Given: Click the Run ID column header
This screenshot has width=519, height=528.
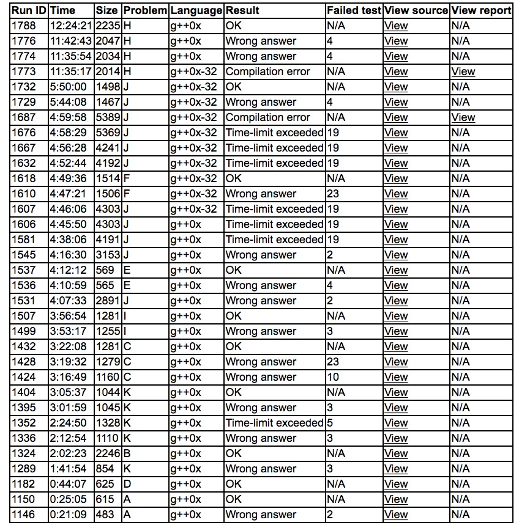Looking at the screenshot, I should coord(29,10).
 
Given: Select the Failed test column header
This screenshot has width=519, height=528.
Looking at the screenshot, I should coord(354,10).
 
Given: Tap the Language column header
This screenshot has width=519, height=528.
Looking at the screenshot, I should coord(196,10).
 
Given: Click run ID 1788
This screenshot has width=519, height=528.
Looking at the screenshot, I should coord(24,26).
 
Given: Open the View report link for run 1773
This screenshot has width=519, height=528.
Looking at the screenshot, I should coord(463,71).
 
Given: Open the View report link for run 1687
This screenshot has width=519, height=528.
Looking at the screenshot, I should coord(463,117).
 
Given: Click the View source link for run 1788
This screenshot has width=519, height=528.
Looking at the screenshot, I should coord(395,26).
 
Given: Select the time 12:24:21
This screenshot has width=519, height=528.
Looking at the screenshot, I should coord(70,26).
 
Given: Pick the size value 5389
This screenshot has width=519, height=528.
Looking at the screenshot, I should coord(108,117).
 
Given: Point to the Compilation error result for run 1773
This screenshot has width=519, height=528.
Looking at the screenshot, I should coord(267,71).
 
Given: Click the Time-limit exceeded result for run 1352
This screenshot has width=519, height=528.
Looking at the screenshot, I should coord(274,423).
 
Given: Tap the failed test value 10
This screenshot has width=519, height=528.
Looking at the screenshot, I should coord(334,377).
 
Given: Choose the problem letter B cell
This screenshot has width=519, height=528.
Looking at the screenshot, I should coord(127,453).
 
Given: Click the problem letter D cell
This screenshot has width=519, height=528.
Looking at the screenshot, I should coord(127,484).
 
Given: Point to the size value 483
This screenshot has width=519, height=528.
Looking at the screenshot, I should coord(105,515).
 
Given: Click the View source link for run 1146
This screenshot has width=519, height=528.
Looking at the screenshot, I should coord(395,515).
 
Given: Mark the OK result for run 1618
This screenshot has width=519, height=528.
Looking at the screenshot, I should coord(233,178).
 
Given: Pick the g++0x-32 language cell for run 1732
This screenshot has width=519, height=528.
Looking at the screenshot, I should coord(193,87).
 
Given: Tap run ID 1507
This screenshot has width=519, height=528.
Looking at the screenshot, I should coord(24,316).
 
